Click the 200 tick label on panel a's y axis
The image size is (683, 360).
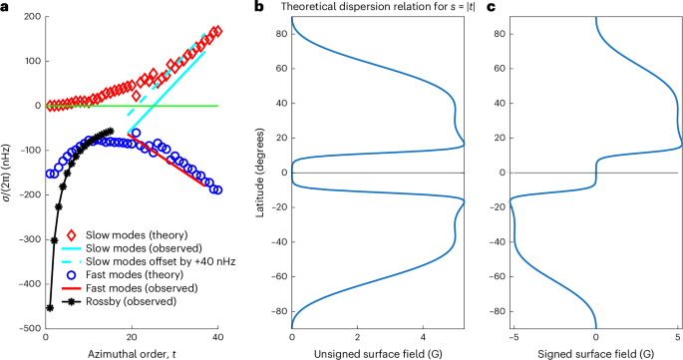[31, 18]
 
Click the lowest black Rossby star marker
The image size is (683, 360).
[49, 307]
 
